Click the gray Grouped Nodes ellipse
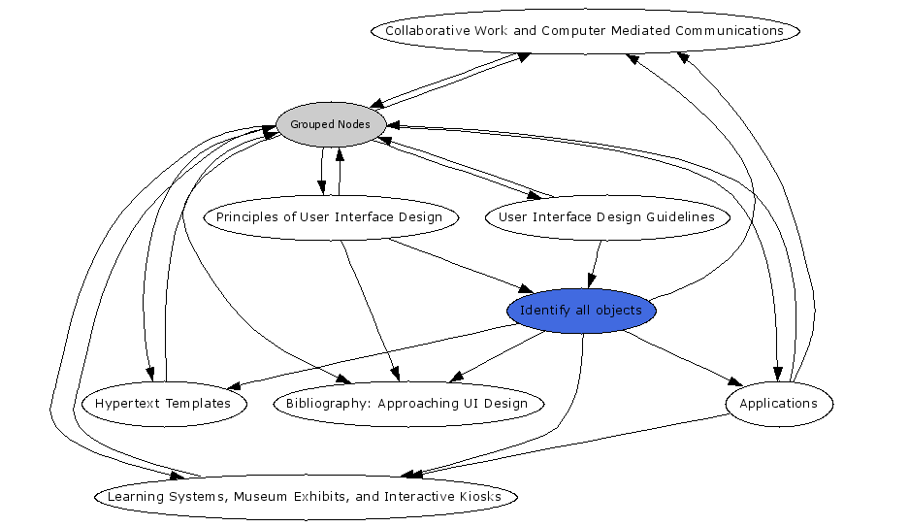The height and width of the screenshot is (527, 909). [330, 124]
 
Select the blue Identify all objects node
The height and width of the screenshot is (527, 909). [581, 311]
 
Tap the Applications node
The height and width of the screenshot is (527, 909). [778, 404]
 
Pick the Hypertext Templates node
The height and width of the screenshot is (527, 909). [163, 404]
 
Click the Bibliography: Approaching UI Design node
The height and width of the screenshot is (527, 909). [407, 404]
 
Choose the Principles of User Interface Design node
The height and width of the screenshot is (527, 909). [329, 217]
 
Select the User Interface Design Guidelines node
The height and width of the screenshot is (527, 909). [606, 217]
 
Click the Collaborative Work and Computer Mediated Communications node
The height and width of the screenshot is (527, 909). [584, 31]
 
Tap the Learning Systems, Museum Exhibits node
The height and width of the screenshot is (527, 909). [305, 497]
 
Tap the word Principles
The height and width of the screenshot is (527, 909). [246, 217]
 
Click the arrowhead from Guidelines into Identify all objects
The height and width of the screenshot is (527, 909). [591, 281]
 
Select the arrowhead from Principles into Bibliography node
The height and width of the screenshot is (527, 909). [394, 374]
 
